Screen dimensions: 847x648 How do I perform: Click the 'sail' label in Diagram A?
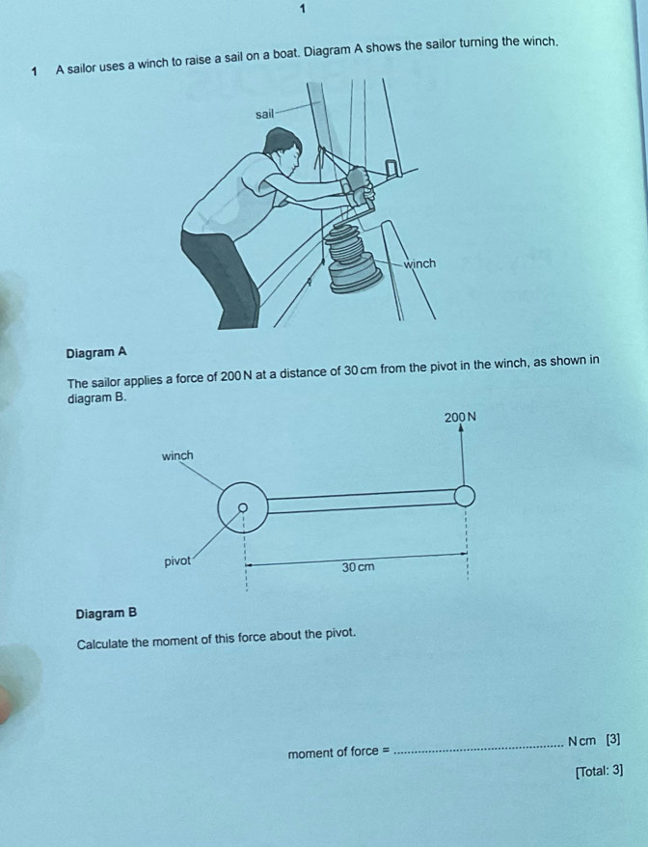(x=265, y=114)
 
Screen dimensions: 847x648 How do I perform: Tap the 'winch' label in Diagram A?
(x=419, y=263)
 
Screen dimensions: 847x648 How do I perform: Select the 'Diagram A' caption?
(x=96, y=352)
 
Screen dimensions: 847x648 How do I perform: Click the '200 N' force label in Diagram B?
(x=461, y=417)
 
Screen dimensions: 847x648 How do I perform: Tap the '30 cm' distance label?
(x=358, y=567)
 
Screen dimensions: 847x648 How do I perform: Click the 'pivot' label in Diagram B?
(x=177, y=561)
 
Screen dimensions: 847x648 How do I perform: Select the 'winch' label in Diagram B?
(x=177, y=454)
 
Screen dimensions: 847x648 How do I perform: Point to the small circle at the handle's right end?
(x=465, y=495)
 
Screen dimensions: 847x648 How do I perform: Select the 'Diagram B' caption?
(x=106, y=613)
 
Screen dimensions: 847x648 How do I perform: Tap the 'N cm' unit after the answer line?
(x=581, y=741)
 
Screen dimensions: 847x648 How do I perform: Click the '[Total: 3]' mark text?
(x=598, y=770)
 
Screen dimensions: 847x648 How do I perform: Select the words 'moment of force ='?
(x=337, y=751)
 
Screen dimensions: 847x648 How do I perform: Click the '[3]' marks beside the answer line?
(x=613, y=741)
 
